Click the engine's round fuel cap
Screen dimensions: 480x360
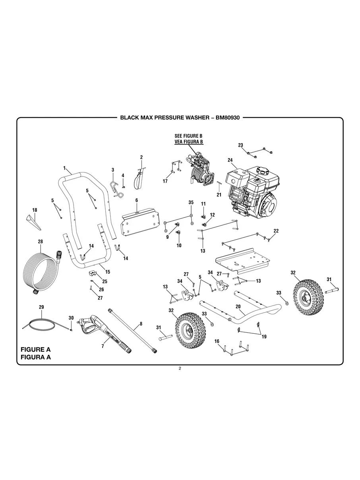click(x=263, y=171)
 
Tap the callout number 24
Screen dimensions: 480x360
click(x=230, y=160)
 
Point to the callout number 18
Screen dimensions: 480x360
click(x=35, y=210)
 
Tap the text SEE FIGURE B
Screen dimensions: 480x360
click(x=189, y=136)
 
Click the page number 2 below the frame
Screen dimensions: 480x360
click(x=180, y=368)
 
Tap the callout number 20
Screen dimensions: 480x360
click(x=238, y=307)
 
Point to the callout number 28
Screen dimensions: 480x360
click(x=40, y=242)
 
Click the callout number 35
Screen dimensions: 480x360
click(x=191, y=203)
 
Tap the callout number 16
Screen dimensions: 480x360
click(x=217, y=341)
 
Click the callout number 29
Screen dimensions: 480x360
click(x=41, y=307)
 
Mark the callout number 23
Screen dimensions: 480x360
click(x=240, y=145)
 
